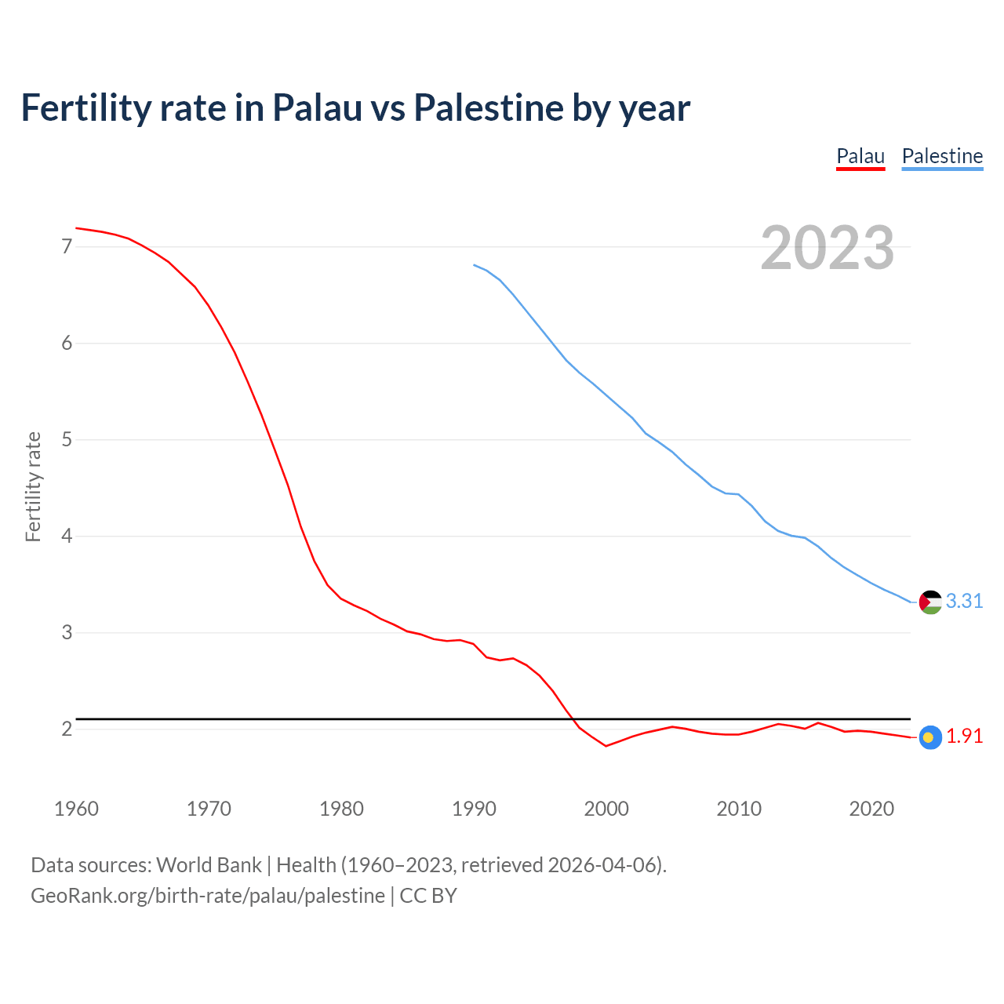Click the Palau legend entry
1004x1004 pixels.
pos(860,156)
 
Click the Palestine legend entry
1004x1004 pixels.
pos(942,156)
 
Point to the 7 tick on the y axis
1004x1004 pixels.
pos(67,247)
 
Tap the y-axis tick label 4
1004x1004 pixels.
pos(67,537)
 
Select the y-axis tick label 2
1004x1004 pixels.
pos(67,729)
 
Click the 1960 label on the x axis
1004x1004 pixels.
pos(76,809)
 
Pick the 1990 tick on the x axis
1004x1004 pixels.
pos(474,809)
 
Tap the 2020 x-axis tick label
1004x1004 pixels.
pos(871,809)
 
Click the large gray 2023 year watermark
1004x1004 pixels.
pos(828,248)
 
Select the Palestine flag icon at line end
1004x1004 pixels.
pos(930,602)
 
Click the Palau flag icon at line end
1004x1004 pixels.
pos(930,737)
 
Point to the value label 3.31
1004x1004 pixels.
pos(964,602)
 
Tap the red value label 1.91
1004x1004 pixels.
pos(964,737)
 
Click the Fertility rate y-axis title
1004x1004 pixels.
pos(33,486)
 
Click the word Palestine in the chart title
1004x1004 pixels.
pos(489,108)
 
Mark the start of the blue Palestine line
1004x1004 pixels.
pos(475,265)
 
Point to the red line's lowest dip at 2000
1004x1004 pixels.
pos(606,746)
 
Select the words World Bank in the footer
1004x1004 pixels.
pos(209,865)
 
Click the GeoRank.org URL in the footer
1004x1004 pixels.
pos(208,896)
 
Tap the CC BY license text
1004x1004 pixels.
pos(428,896)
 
